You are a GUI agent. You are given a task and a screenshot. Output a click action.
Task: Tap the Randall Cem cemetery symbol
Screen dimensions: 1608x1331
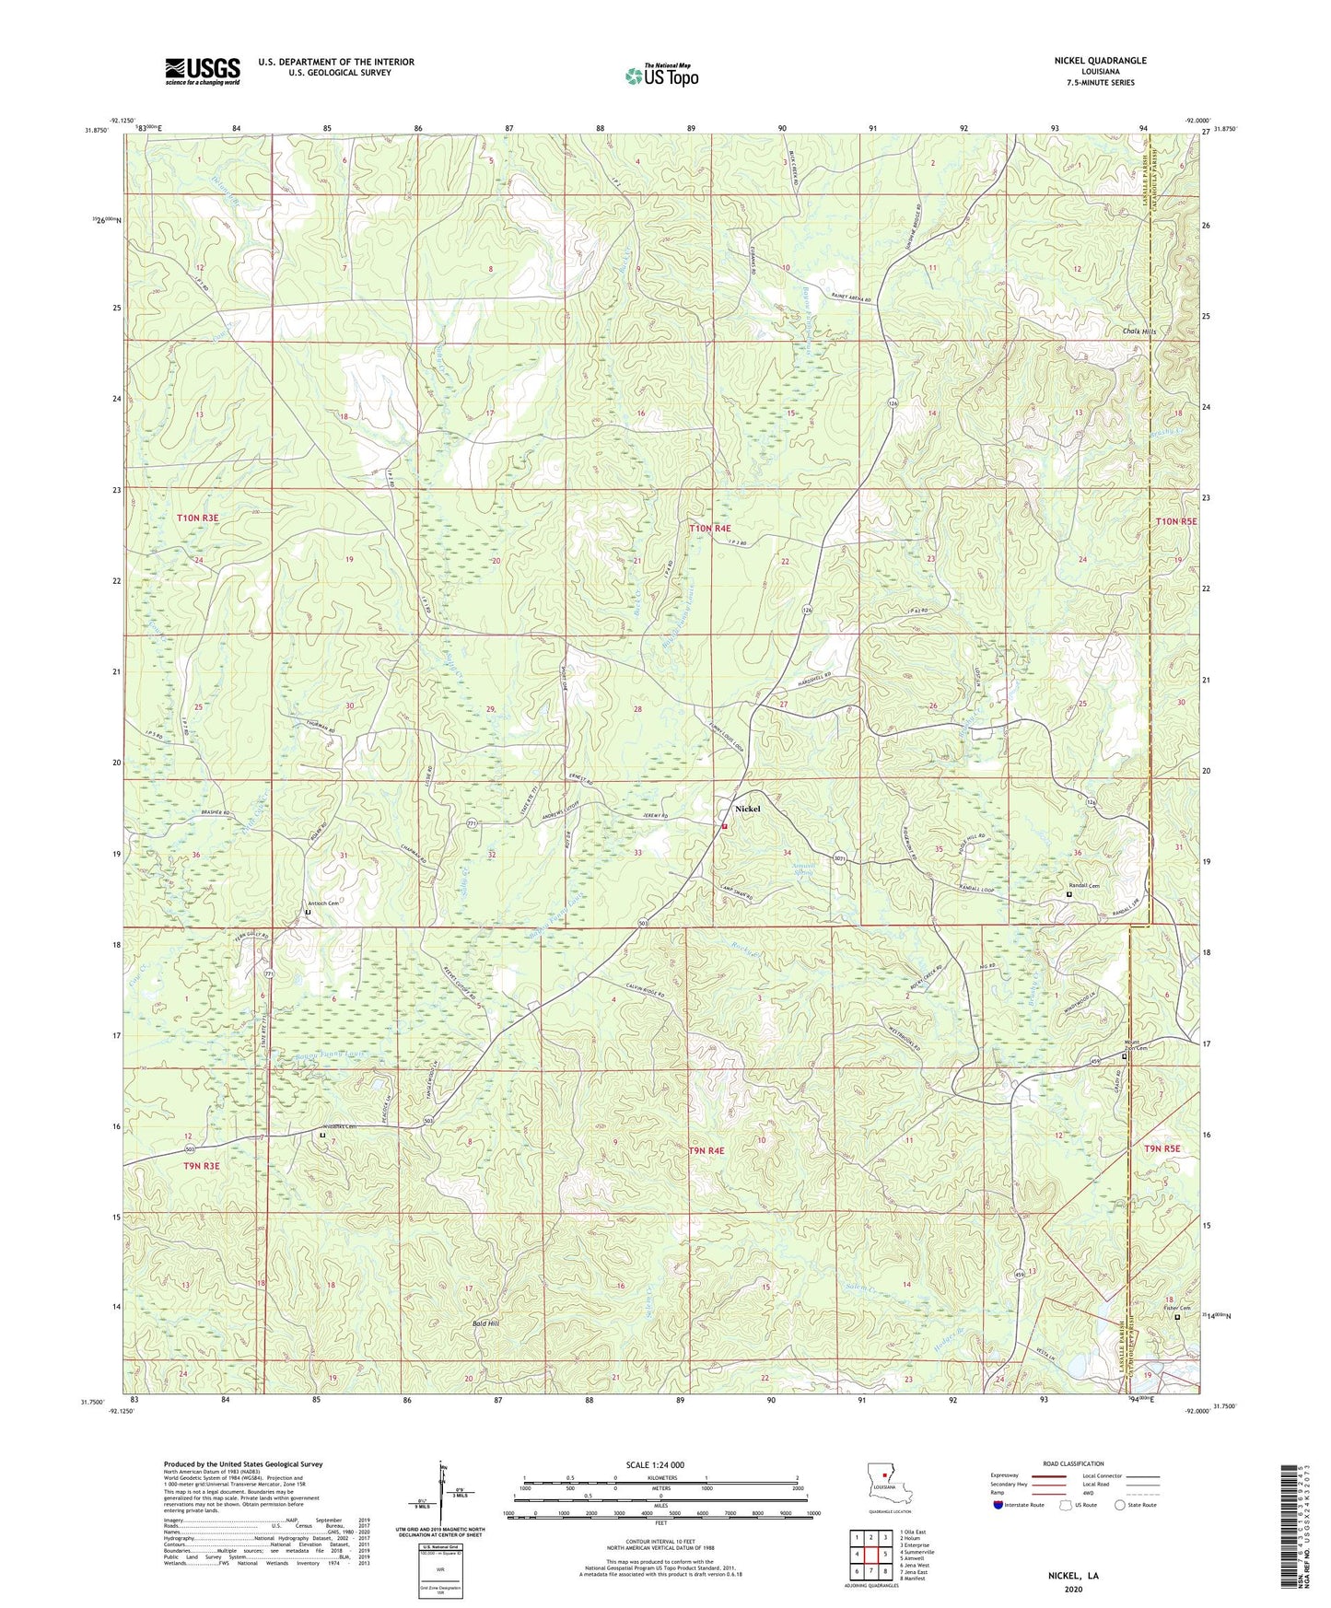coord(1068,894)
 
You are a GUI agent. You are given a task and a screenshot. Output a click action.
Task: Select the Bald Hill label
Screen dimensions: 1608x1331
coord(485,1323)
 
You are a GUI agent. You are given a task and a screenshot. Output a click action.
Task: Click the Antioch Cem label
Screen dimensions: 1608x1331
coord(322,903)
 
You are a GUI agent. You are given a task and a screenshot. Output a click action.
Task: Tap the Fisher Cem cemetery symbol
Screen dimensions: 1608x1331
coord(1176,1317)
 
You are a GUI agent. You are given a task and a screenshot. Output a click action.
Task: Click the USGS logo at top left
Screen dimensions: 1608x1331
coord(203,71)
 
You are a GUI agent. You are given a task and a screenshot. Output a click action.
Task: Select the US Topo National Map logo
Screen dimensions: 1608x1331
coord(660,75)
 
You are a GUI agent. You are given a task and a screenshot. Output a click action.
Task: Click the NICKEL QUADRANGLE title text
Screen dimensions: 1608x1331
coord(1100,61)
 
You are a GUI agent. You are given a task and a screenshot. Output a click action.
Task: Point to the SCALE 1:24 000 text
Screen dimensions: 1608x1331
coord(655,1465)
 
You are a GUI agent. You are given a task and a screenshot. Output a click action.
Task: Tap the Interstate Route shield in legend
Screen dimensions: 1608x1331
coord(998,1505)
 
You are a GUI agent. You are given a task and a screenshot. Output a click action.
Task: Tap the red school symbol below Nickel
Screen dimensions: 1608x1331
coord(724,826)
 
